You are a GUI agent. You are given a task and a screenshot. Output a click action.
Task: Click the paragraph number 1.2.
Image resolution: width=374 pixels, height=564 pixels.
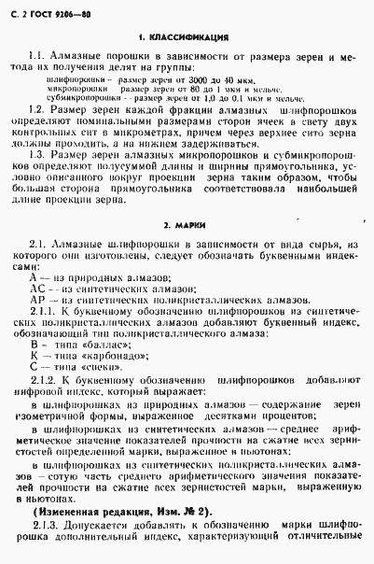coord(44,110)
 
